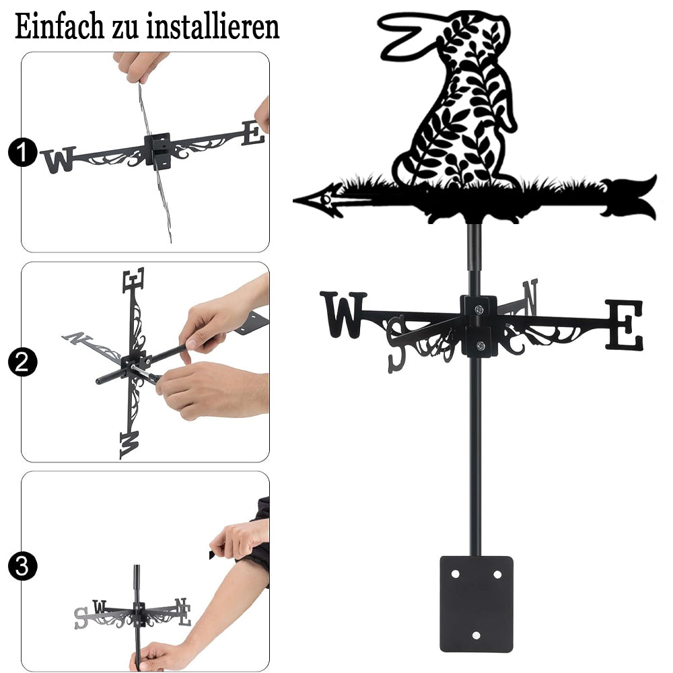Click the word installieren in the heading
213,27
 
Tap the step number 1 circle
22,152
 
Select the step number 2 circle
22,362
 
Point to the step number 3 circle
22,566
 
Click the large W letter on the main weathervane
343,314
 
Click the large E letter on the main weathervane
625,325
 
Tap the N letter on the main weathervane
530,296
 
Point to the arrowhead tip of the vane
294,201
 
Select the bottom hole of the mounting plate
476,635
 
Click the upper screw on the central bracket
479,309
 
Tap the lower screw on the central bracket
481,345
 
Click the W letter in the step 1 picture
59,160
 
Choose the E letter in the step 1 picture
253,133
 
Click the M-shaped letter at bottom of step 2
129,445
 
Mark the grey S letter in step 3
81,618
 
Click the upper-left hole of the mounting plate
455,574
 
